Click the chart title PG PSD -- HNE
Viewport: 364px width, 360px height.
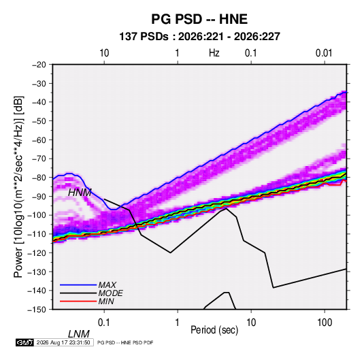[199, 19]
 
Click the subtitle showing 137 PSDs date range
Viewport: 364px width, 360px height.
[199, 37]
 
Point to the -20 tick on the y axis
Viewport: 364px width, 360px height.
[39, 65]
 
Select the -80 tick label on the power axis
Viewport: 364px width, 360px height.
[39, 178]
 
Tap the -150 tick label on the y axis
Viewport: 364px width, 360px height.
[37, 310]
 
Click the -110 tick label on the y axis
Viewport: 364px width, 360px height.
[37, 234]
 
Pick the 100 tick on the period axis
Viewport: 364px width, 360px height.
[325, 323]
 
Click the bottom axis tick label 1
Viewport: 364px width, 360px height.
[178, 323]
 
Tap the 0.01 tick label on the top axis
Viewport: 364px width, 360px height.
[324, 53]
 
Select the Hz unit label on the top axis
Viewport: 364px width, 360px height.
[214, 53]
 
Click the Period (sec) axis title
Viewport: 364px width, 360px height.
[214, 330]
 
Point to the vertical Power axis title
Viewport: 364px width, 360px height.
[19, 186]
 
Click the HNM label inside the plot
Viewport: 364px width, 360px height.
[80, 193]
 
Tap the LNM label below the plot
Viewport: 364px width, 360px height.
[79, 334]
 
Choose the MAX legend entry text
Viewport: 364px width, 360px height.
[107, 285]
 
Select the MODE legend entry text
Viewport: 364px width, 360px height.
[110, 293]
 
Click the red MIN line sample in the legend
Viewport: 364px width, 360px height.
[78, 301]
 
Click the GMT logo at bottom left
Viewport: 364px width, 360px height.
[24, 342]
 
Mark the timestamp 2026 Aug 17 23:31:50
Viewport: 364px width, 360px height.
[63, 342]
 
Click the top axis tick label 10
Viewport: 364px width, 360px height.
[104, 53]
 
